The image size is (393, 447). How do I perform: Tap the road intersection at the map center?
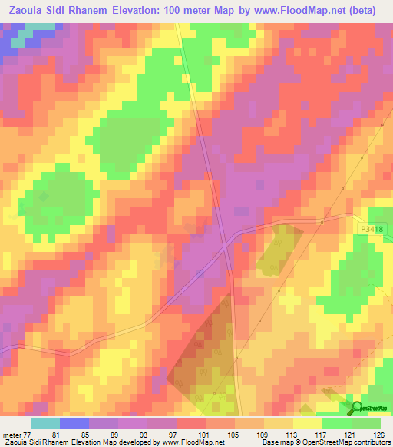click(225, 247)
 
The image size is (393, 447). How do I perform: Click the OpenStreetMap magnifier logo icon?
click(358, 407)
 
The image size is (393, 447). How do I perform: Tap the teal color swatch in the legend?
click(45, 423)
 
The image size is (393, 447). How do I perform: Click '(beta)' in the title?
click(360, 8)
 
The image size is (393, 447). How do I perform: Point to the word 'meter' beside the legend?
click(11, 434)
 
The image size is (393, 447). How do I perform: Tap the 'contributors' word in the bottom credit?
click(368, 442)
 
